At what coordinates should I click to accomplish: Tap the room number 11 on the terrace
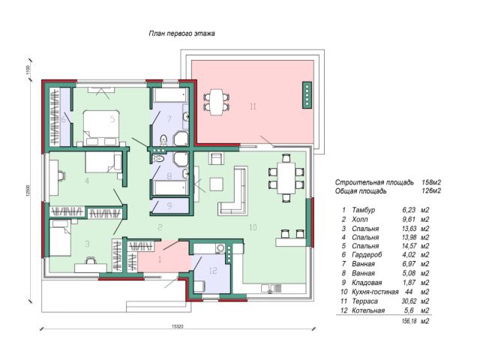click(x=253, y=107)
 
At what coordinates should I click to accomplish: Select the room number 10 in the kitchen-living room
click(x=253, y=226)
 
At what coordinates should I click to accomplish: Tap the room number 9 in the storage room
click(x=169, y=203)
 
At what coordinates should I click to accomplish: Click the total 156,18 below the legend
click(x=409, y=320)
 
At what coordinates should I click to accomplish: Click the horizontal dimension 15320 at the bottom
click(x=177, y=326)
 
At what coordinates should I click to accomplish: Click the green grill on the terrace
click(x=306, y=95)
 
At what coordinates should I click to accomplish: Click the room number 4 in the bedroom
click(x=88, y=181)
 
